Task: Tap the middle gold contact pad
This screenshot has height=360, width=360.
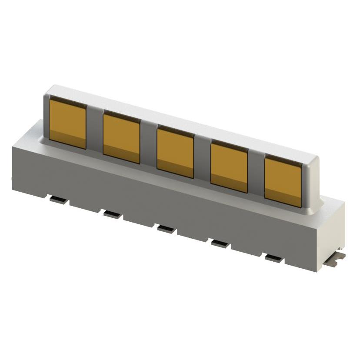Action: [x=175, y=151]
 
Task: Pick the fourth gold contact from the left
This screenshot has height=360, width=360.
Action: [x=229, y=167]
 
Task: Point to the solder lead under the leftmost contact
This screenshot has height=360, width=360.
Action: [x=58, y=200]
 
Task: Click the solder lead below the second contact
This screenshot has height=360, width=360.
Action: [x=111, y=213]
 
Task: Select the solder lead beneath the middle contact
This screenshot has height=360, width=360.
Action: [x=166, y=229]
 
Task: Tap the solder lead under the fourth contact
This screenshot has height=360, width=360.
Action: [x=220, y=243]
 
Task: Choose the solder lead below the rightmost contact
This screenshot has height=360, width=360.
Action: [x=274, y=258]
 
